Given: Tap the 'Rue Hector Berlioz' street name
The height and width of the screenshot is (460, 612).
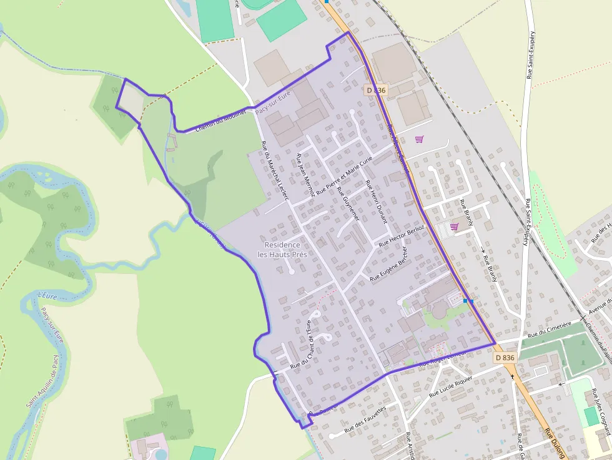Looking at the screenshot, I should pos(402,234).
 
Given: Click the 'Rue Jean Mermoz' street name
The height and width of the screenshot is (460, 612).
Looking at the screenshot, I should pos(305,175).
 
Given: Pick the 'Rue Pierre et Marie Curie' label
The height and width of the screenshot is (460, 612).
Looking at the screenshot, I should pos(344,174).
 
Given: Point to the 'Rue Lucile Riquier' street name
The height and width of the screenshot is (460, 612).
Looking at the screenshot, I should pos(452,386).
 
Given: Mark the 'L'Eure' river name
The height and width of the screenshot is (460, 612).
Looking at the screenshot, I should pos(47,295).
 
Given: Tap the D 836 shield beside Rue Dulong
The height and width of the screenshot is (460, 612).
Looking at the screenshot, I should pos(505,358).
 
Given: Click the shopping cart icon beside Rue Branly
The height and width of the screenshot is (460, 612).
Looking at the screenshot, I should pos(454,227).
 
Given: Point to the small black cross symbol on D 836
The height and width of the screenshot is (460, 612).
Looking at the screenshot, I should pos(512,376).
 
